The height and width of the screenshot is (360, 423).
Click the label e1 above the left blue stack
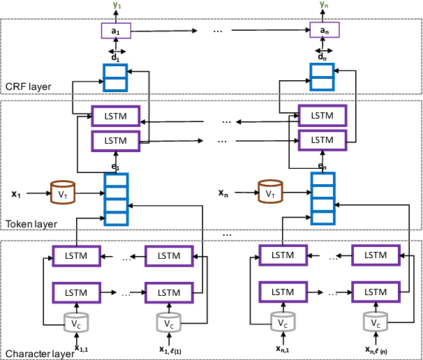click(x=115, y=167)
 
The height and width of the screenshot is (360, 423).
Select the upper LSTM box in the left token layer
click(x=116, y=115)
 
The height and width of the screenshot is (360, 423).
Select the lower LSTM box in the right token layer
click(x=322, y=141)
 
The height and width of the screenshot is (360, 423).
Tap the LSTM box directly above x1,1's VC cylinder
click(x=77, y=292)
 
